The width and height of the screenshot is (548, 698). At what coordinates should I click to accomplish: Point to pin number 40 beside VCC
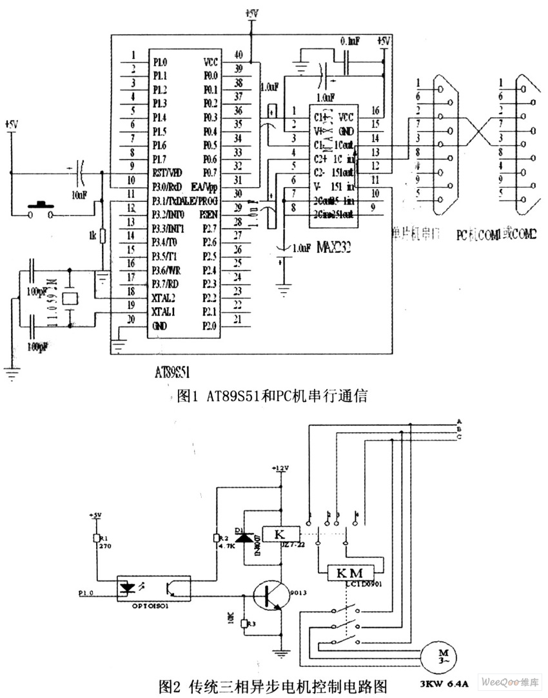pos(239,54)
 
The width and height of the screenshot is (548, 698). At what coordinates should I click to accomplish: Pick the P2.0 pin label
pos(210,325)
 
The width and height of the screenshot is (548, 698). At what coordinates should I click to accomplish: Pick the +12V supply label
pos(281,468)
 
